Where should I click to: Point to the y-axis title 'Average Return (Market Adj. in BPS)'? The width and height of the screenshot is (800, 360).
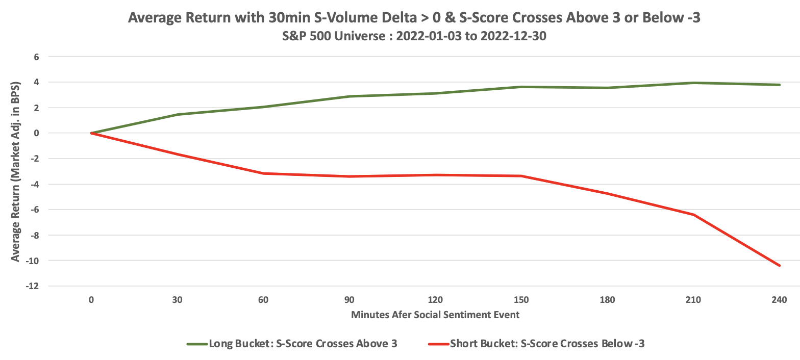pyautogui.click(x=16, y=171)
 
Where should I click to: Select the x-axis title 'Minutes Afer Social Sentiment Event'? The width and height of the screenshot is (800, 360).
pyautogui.click(x=435, y=315)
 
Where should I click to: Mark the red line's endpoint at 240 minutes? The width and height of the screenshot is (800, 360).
pyautogui.click(x=779, y=265)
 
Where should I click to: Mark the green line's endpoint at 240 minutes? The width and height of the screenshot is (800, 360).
pyautogui.click(x=779, y=85)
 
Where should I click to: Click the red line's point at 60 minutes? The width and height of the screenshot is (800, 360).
pyautogui.click(x=263, y=173)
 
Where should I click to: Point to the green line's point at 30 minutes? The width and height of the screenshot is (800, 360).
pyautogui.click(x=178, y=114)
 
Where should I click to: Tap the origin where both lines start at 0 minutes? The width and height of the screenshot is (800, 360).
pyautogui.click(x=91, y=133)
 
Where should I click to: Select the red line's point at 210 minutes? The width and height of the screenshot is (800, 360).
pyautogui.click(x=693, y=215)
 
